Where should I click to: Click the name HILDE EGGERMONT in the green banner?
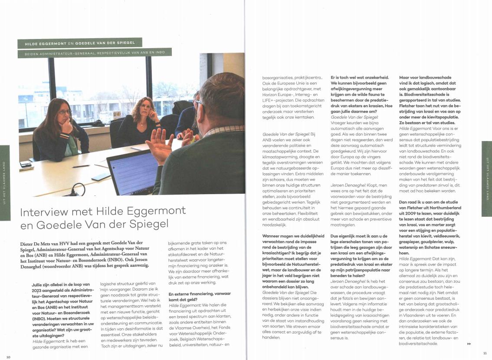click(x=46, y=43)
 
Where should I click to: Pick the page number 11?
click(x=485, y=353)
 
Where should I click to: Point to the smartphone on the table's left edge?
click(x=26, y=164)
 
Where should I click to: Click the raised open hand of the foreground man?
click(x=157, y=145)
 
